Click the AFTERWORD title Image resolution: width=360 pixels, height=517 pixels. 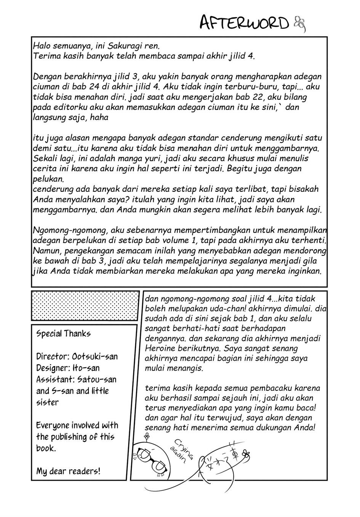(245, 23)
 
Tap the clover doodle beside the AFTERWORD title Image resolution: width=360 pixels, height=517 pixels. (300, 24)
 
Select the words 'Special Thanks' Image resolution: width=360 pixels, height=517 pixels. (64, 334)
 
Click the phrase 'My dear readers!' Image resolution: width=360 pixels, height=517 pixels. (69, 471)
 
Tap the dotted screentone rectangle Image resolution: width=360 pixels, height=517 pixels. (85, 306)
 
